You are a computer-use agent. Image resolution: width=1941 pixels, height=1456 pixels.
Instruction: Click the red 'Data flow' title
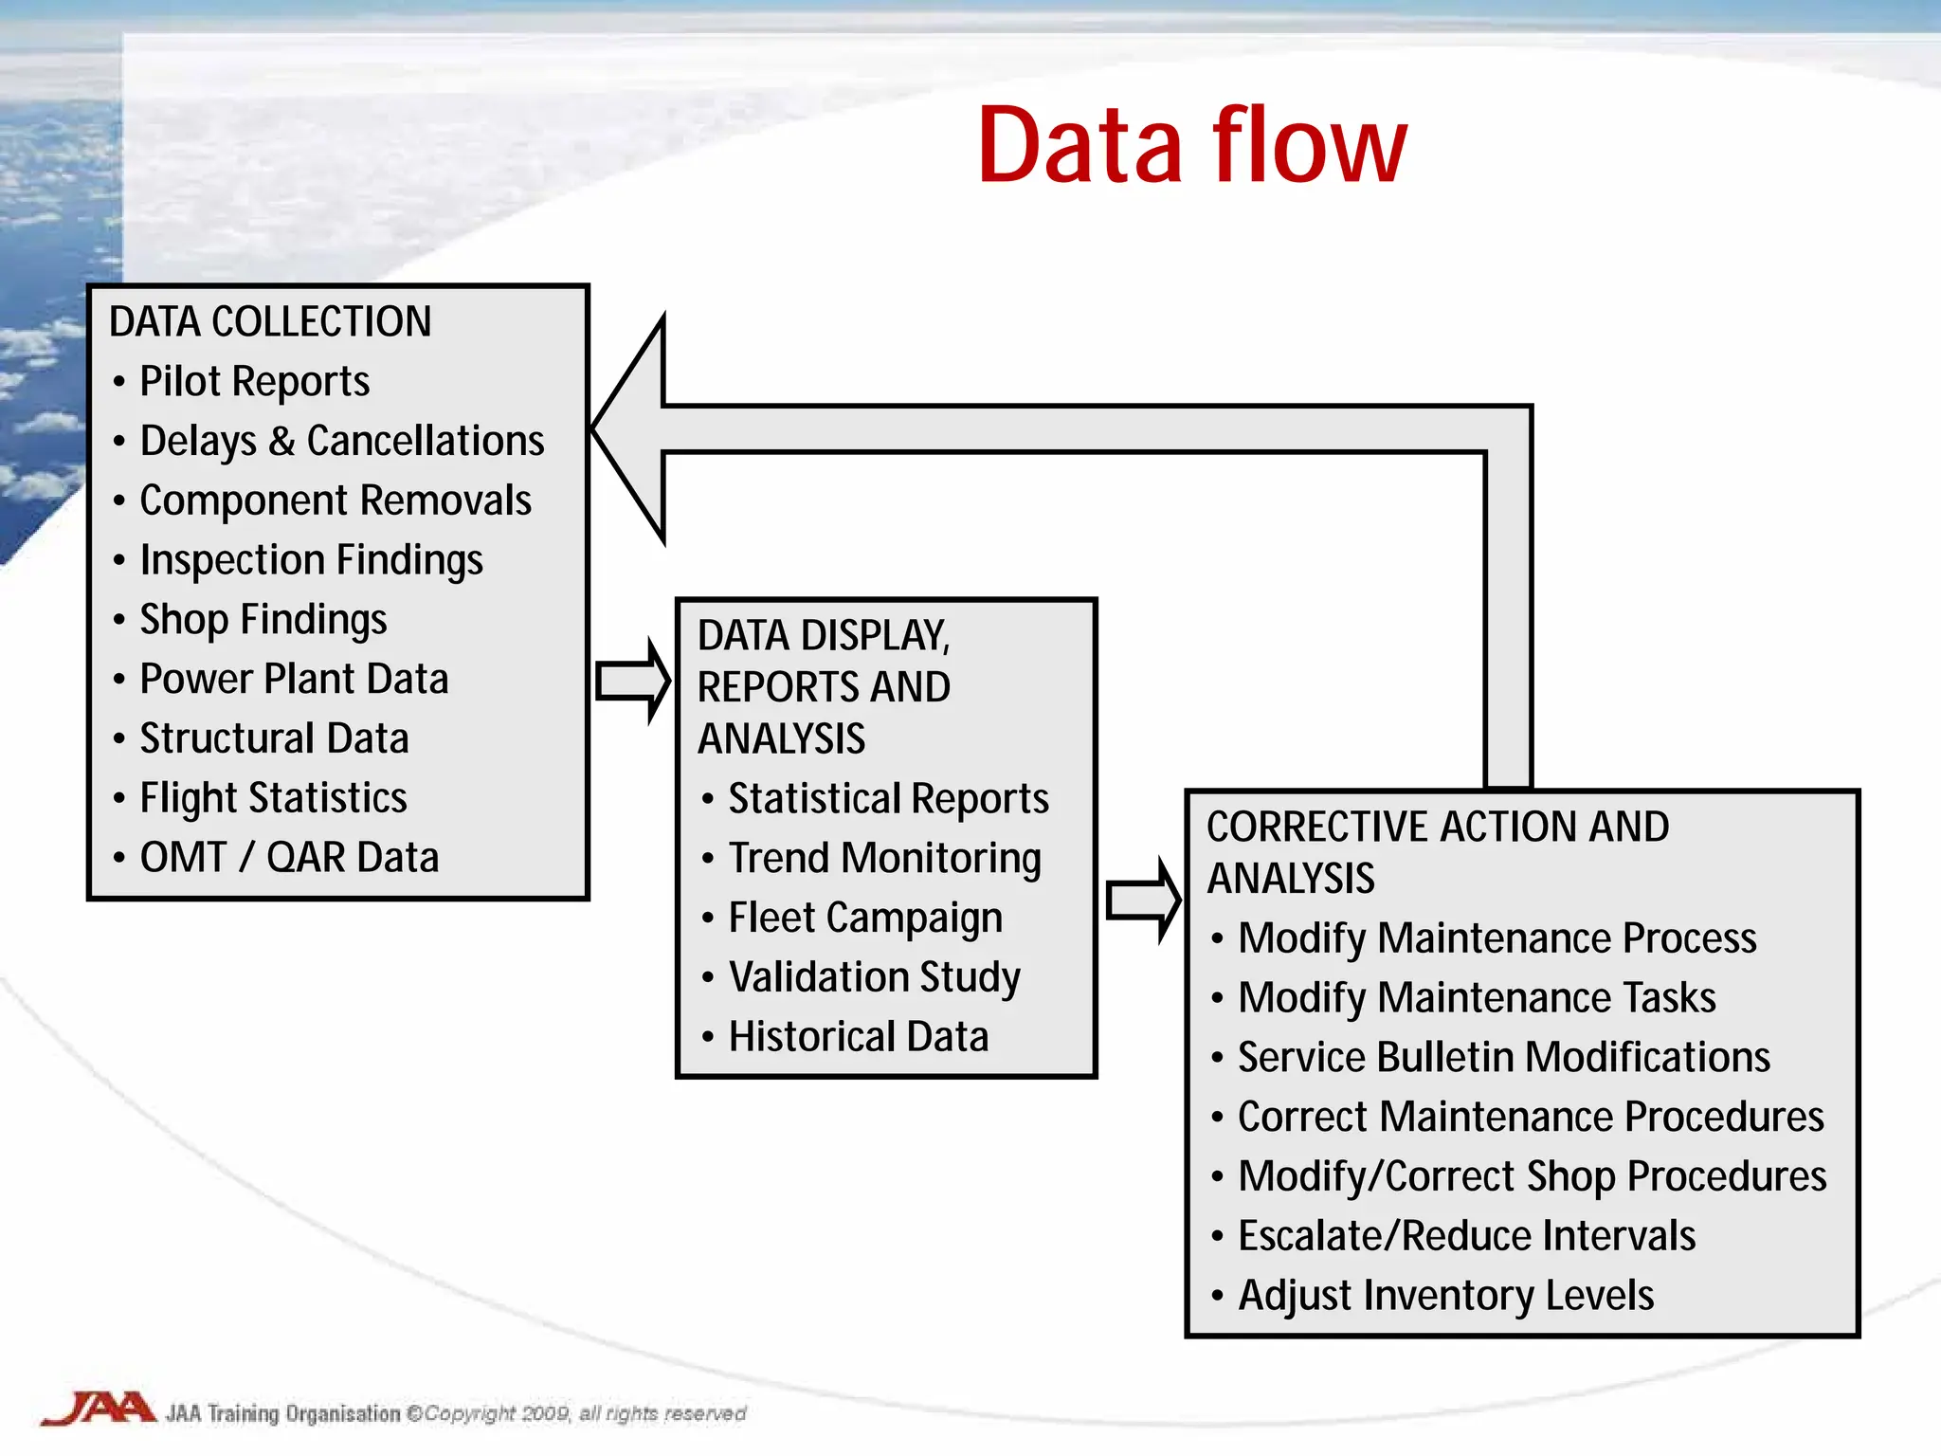pos(1191,146)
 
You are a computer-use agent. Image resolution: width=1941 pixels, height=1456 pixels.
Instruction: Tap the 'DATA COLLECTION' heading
pos(270,321)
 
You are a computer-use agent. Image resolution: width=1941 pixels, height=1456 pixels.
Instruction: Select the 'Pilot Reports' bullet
pos(254,381)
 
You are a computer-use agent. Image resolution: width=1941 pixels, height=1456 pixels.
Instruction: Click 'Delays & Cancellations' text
pos(341,441)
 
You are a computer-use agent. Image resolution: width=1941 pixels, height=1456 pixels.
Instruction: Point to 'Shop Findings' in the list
pos(263,619)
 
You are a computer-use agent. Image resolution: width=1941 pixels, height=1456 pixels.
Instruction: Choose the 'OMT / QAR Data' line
pos(289,857)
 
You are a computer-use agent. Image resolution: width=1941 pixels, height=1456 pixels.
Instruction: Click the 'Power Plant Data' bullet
pos(294,679)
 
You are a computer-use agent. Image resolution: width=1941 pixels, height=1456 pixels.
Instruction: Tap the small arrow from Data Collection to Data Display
pos(632,681)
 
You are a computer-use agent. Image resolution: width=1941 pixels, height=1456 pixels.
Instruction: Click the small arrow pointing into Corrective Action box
pos(1142,900)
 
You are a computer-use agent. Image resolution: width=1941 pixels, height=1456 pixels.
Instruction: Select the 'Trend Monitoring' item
pos(883,858)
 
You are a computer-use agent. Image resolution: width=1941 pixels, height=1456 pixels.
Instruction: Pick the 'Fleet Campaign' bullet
pos(864,918)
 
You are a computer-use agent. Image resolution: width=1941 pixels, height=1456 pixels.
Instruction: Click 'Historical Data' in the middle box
pos(858,1036)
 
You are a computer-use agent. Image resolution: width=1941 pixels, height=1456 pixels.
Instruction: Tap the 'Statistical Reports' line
pos(888,798)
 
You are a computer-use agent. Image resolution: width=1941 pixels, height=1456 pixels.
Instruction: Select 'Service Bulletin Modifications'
pos(1503,1057)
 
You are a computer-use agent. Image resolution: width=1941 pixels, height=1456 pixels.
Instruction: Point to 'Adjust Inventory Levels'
pos(1445,1295)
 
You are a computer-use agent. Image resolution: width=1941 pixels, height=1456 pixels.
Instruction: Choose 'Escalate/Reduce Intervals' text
pos(1466,1235)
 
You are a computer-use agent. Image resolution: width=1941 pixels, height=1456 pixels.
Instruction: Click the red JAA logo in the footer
pos(99,1409)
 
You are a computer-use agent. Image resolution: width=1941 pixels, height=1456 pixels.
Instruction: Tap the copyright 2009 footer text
pos(583,1413)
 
